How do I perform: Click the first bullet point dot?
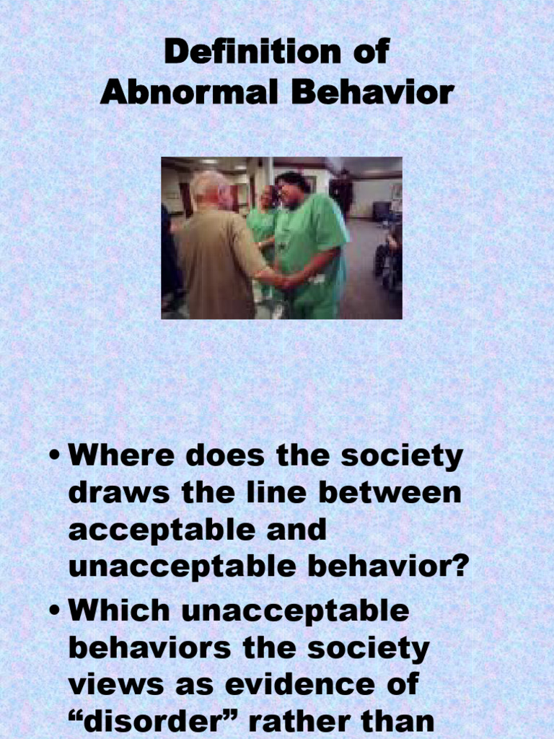(x=55, y=458)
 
